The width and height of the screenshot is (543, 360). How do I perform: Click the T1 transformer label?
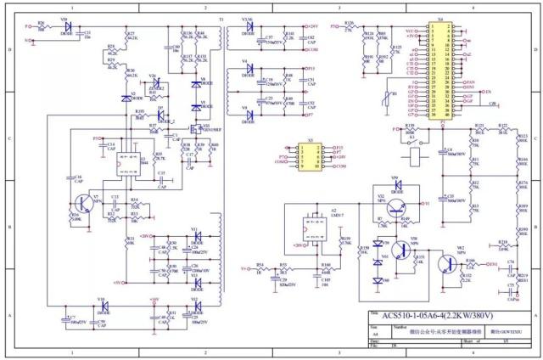221,19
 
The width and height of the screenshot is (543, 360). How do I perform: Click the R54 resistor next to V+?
260,268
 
